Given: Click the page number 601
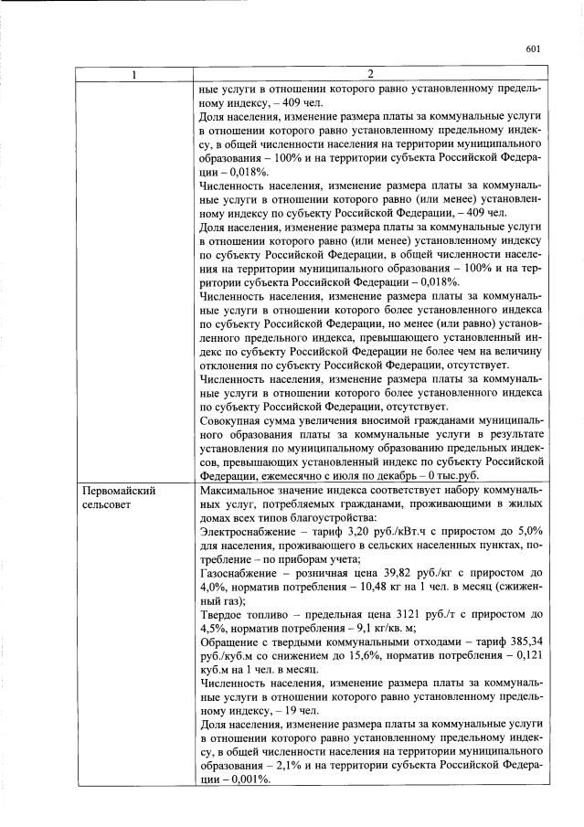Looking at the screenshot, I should click(535, 49).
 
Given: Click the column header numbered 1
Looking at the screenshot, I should click(133, 74).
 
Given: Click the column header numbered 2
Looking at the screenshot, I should click(370, 74).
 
